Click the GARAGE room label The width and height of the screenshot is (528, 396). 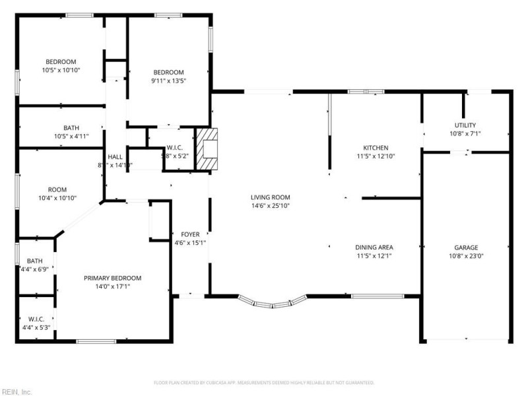pyautogui.click(x=466, y=247)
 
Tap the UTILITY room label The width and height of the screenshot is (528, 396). pyautogui.click(x=465, y=125)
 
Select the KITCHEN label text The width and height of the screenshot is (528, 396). pyautogui.click(x=376, y=148)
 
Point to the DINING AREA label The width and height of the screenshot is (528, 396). pyautogui.click(x=375, y=247)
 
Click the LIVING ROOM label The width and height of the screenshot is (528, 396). pyautogui.click(x=270, y=197)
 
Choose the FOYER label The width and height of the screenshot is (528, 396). pyautogui.click(x=190, y=234)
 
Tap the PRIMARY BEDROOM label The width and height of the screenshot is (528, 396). pyautogui.click(x=112, y=279)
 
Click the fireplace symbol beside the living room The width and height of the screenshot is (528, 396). pyautogui.click(x=211, y=150)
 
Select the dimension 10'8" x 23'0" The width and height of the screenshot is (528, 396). pyautogui.click(x=466, y=256)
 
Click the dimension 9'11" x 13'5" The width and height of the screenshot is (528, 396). pyautogui.click(x=168, y=81)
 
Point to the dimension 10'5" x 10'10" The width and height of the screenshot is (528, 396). pyautogui.click(x=61, y=70)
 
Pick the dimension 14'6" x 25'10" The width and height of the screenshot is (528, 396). pyautogui.click(x=270, y=206)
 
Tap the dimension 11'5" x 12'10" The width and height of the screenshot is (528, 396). pyautogui.click(x=376, y=156)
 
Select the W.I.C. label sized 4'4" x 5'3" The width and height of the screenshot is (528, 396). pyautogui.click(x=36, y=319)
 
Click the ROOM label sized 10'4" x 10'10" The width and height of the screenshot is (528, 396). pyautogui.click(x=57, y=189)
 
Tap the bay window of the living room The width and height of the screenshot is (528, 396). pyautogui.click(x=272, y=302)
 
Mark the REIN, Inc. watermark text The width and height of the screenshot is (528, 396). pyautogui.click(x=16, y=391)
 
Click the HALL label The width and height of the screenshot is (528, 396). pyautogui.click(x=115, y=157)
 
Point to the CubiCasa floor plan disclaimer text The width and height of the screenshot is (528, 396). pyautogui.click(x=264, y=383)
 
